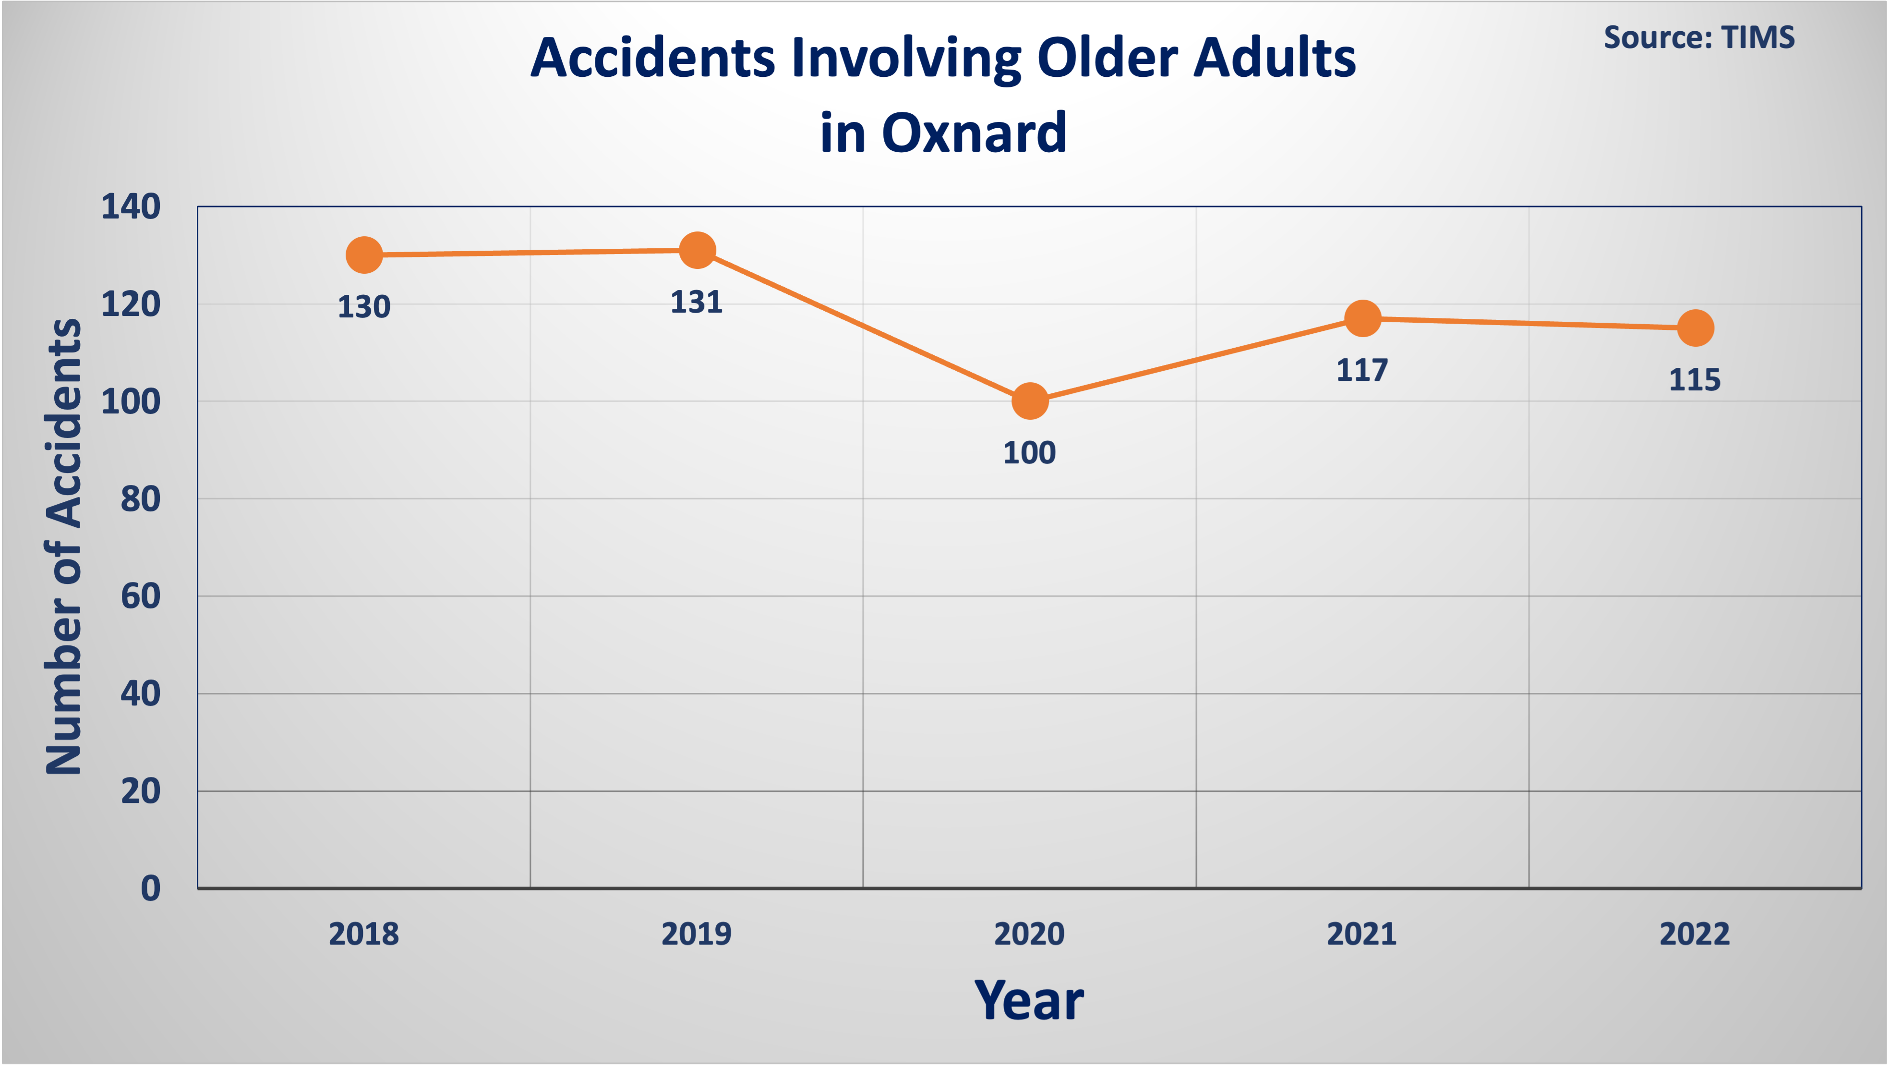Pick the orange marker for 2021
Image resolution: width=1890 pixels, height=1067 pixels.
pos(1362,318)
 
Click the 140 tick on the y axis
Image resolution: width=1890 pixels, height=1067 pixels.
pos(131,207)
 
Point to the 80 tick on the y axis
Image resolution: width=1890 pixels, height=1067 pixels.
pos(141,499)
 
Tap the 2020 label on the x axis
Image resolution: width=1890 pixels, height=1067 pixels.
pos(1029,934)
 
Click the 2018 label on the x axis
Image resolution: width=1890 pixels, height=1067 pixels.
pos(364,934)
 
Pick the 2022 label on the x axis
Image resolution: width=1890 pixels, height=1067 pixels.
pos(1695,934)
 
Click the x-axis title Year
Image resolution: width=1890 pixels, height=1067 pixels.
pos(1029,1000)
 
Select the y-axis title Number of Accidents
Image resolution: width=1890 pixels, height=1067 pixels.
pos(64,547)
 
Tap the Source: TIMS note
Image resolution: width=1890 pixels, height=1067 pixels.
pos(1699,37)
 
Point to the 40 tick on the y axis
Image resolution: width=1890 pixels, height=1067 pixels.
pos(141,693)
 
